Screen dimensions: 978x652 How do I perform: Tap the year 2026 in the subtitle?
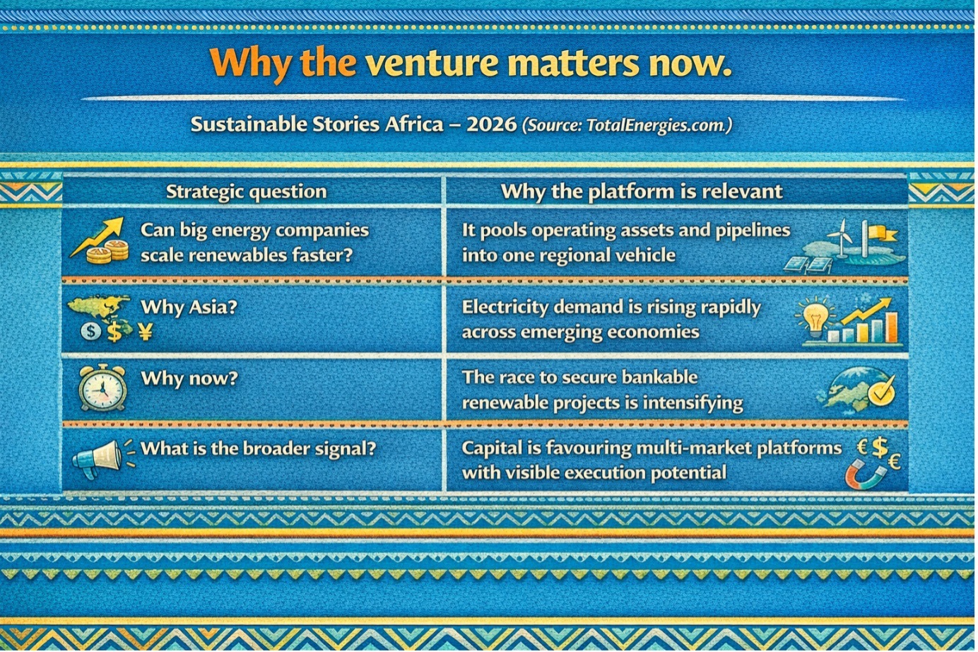pos(491,124)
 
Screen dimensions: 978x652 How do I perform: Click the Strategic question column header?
pos(246,192)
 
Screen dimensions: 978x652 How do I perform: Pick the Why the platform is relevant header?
pos(642,192)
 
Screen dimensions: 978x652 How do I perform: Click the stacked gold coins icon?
pos(107,252)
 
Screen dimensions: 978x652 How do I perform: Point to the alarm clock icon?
pos(102,388)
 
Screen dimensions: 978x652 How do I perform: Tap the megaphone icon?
pos(100,459)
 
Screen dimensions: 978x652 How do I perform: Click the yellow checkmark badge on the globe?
pos(881,392)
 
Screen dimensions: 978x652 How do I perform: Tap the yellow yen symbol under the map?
pos(146,332)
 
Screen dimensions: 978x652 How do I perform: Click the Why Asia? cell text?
pos(189,307)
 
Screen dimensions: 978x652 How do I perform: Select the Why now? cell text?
pos(189,378)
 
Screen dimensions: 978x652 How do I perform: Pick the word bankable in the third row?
pos(660,377)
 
